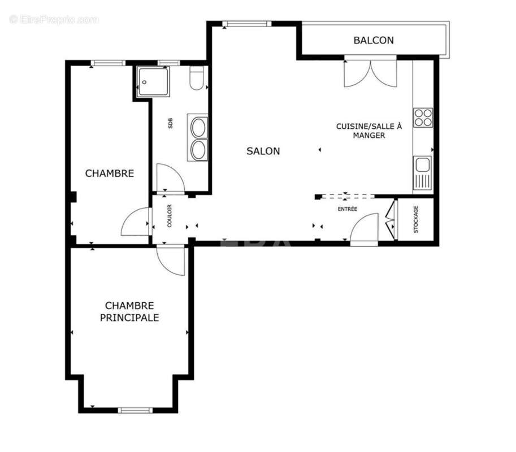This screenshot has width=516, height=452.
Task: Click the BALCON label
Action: [x=374, y=40]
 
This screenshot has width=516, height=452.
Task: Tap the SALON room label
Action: [x=263, y=151]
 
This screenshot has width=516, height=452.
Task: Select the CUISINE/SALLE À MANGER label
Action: [x=368, y=131]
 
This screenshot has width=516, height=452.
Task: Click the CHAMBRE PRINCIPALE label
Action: [x=129, y=311]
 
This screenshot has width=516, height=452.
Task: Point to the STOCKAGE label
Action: [x=416, y=220]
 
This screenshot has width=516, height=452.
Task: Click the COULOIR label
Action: [x=169, y=216]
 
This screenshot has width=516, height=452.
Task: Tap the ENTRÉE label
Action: [x=348, y=209]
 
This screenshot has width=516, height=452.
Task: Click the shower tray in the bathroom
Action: [x=152, y=81]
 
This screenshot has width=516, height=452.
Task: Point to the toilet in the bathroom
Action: [x=197, y=79]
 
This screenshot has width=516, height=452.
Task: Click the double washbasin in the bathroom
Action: [x=198, y=138]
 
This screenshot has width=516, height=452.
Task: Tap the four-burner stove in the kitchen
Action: [x=423, y=117]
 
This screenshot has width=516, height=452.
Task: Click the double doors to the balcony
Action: [x=370, y=72]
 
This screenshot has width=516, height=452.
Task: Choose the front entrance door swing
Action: [x=364, y=229]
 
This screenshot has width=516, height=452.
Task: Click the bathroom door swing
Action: [x=170, y=178]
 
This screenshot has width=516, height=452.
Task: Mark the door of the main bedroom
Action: [x=171, y=260]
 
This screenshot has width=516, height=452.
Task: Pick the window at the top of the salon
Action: [x=246, y=24]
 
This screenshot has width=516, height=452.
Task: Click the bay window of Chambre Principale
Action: [x=135, y=410]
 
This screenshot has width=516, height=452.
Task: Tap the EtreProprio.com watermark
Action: [x=54, y=20]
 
